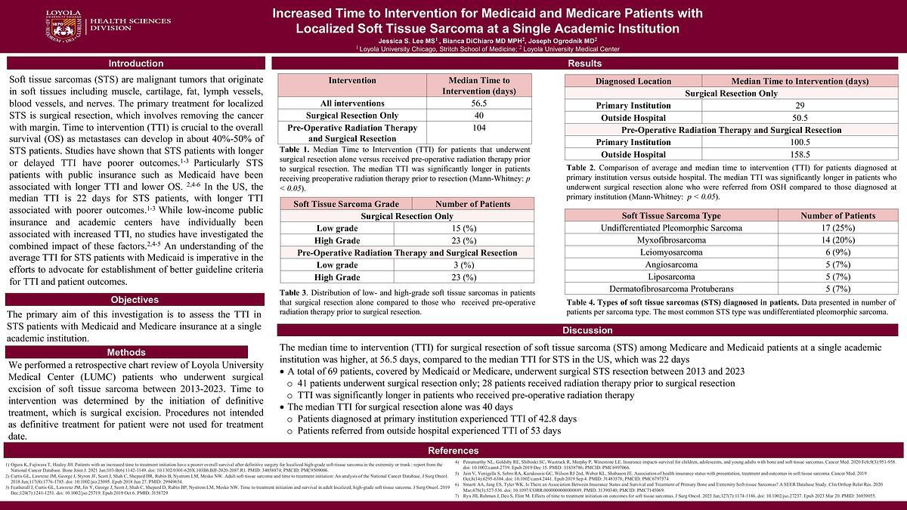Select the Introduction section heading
pyautogui.click(x=135, y=63)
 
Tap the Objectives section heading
pyautogui.click(x=135, y=300)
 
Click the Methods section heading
pyautogui.click(x=126, y=352)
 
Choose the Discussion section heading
pyautogui.click(x=587, y=331)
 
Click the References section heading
pyautogui.click(x=453, y=451)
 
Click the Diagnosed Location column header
pyautogui.click(x=633, y=81)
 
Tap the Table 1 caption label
pyautogui.click(x=296, y=149)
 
